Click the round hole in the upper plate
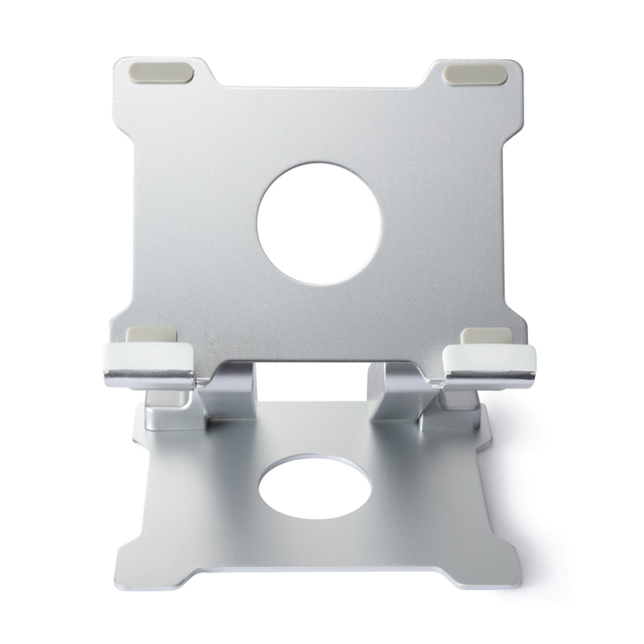319,225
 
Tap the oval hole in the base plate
317,487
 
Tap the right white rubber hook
491,360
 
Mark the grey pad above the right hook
487,336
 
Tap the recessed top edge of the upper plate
318,89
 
